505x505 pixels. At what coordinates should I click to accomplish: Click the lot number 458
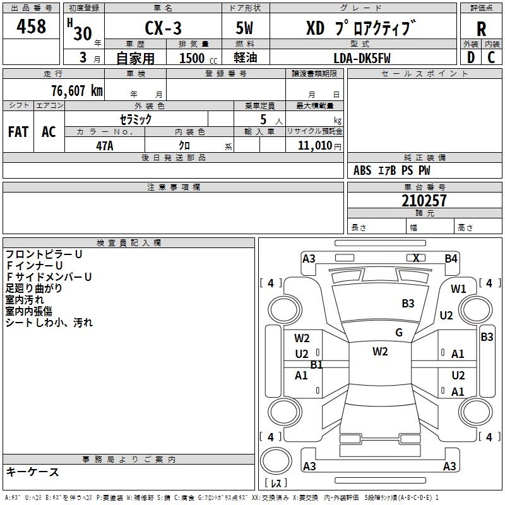31,26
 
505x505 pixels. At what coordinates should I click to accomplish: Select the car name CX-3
163,28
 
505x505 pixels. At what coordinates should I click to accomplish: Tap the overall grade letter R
481,29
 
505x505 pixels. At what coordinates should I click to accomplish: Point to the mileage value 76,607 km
77,90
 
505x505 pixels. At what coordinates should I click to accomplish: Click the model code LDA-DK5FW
362,58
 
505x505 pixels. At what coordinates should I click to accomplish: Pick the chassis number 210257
424,200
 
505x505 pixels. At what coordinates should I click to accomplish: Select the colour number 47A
105,146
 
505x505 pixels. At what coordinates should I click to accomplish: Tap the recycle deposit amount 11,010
314,146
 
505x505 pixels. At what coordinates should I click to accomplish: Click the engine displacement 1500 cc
198,58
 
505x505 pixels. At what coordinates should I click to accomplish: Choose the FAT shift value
18,132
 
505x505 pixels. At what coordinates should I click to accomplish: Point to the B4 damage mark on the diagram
451,259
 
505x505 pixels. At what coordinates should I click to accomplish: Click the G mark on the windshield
399,332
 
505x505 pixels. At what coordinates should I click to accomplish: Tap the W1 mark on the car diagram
458,289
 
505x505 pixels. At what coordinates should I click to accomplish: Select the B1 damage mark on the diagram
316,365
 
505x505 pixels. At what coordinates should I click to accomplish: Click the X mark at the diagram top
416,258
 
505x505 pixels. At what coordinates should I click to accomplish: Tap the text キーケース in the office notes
32,472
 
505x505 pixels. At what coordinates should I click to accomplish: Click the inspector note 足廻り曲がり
33,288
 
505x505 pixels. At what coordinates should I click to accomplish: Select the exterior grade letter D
471,57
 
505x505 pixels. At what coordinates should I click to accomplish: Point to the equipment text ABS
362,170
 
